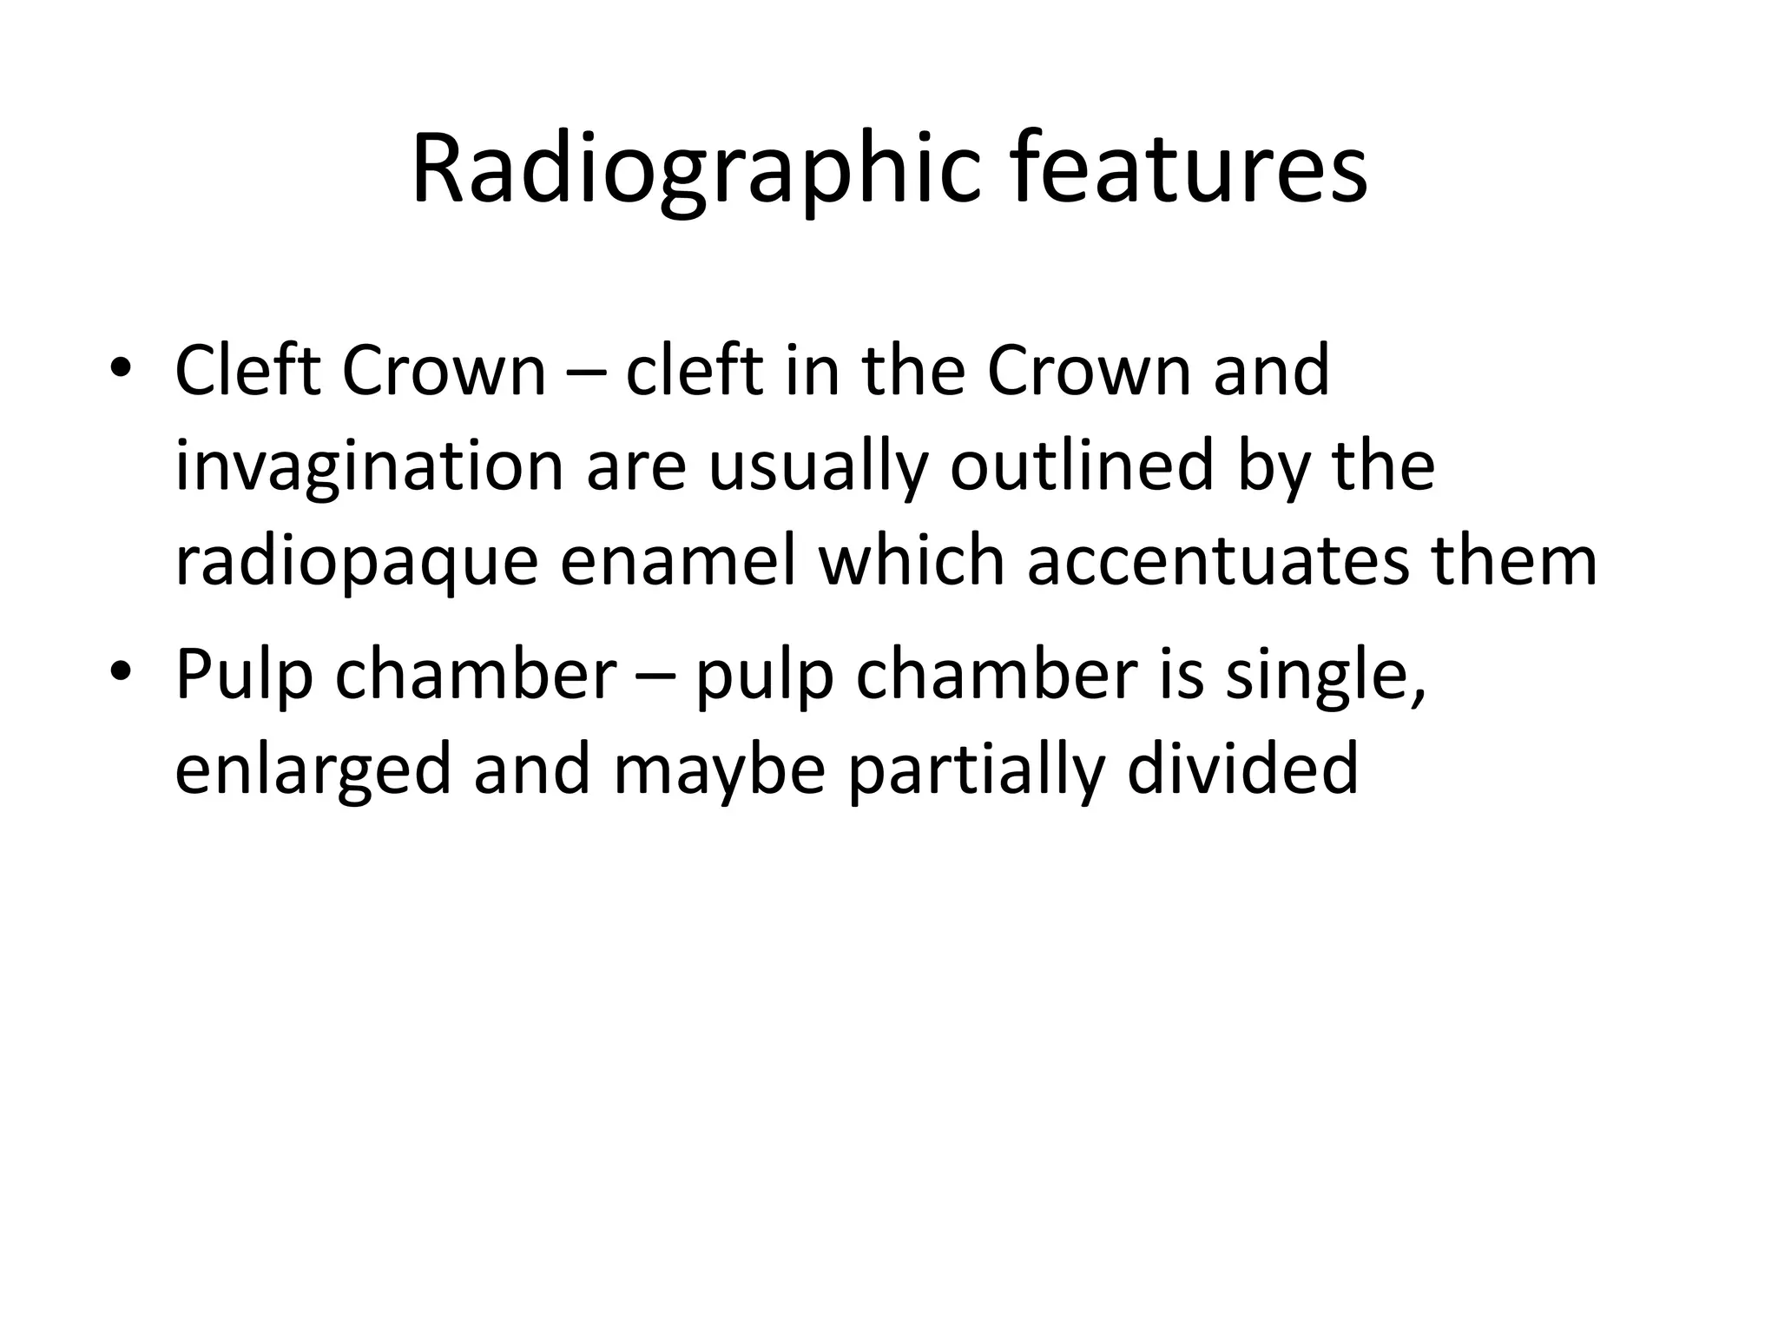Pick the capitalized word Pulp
(x=244, y=675)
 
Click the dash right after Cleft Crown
(x=585, y=373)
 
